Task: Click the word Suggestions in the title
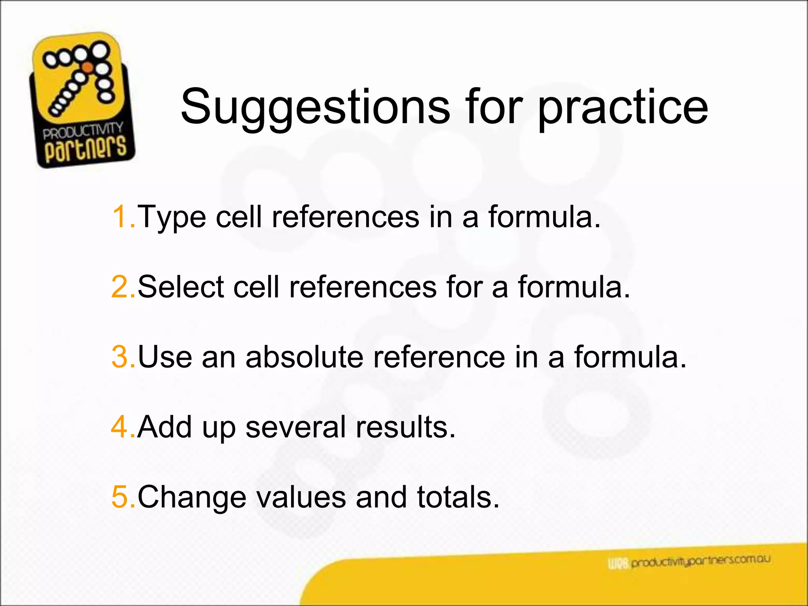(315, 107)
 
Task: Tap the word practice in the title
(623, 107)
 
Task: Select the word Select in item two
(181, 287)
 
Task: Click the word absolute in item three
(304, 357)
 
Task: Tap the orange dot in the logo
(88, 67)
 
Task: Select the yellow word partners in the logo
(85, 149)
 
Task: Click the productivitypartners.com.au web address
(700, 561)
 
